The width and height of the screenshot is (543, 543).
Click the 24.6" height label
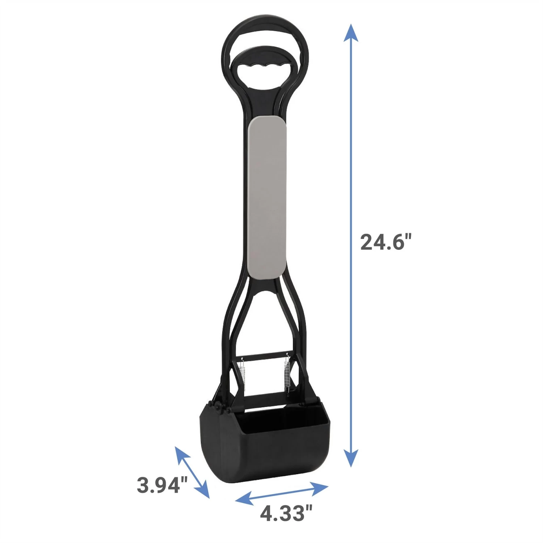[386, 242]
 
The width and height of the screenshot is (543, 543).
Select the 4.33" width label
[286, 513]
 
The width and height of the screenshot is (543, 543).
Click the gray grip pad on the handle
[268, 197]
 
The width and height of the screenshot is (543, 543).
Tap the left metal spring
[242, 373]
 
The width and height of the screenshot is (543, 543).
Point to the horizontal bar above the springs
[264, 355]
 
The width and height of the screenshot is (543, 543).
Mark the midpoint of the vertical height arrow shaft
[350, 245]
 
